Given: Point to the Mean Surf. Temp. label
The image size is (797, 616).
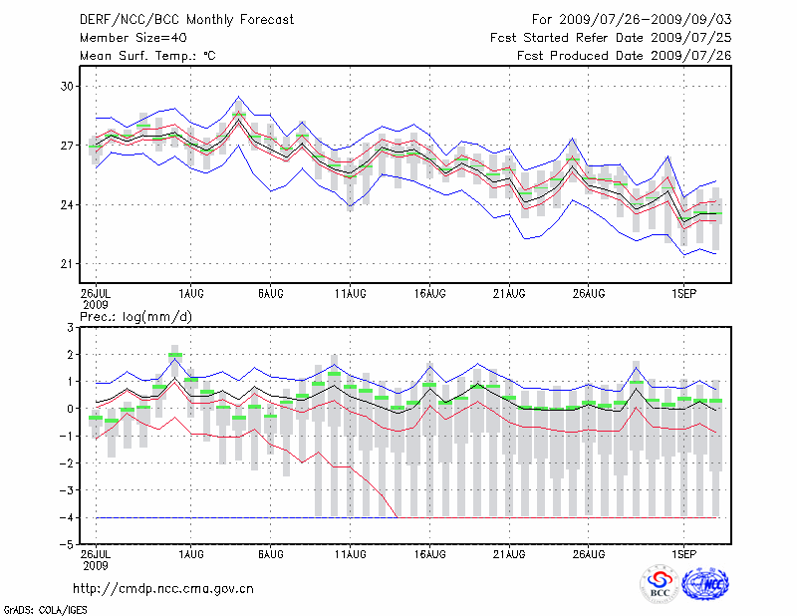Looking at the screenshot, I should (x=147, y=56).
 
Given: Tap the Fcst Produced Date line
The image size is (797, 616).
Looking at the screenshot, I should (x=624, y=56).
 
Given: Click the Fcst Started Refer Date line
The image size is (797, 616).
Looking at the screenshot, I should (x=611, y=37).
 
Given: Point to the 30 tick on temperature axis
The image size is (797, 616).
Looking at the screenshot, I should (x=67, y=87).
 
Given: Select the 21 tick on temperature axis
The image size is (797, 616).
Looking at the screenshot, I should (x=67, y=264).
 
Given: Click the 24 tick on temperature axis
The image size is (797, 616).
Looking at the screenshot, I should (x=67, y=205).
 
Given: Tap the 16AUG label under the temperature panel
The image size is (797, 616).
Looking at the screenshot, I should (x=429, y=293).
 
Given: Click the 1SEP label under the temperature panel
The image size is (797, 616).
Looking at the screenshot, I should (x=683, y=293).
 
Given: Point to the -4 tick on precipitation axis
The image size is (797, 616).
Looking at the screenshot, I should (x=64, y=518).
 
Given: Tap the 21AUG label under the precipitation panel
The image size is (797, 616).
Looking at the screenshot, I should (x=509, y=554).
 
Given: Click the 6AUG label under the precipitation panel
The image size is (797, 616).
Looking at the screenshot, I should (x=270, y=554).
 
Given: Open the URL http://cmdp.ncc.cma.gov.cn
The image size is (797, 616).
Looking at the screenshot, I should (x=163, y=588).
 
